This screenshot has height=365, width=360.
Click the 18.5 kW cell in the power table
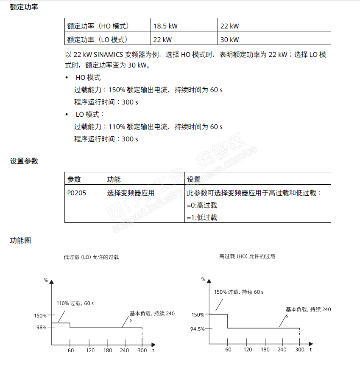coord(165,26)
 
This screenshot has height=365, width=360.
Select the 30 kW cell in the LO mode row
coord(229,39)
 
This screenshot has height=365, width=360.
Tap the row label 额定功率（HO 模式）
coord(98,26)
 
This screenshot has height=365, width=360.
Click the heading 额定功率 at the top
coord(24,7)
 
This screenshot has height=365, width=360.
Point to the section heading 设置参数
coord(24,161)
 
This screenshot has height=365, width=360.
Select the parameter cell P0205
coord(76,193)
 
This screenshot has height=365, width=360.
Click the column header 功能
coord(114,179)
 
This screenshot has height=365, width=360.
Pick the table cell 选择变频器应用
coord(131,193)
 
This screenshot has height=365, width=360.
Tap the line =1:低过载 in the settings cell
coord(202,217)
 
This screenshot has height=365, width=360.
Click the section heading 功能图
coord(20,240)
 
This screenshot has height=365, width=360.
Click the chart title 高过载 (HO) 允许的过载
coord(247,256)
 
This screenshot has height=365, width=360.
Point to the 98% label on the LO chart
coord(41,327)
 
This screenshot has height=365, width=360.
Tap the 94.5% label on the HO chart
coord(198,328)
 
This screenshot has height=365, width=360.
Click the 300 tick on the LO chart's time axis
coord(142,350)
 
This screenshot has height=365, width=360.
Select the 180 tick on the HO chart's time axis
coord(265,349)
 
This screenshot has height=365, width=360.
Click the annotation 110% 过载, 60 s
coord(75,303)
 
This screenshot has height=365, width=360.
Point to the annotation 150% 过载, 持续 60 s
coord(239,292)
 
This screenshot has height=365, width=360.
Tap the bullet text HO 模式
coord(88,78)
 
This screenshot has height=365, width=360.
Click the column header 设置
coord(194,179)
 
